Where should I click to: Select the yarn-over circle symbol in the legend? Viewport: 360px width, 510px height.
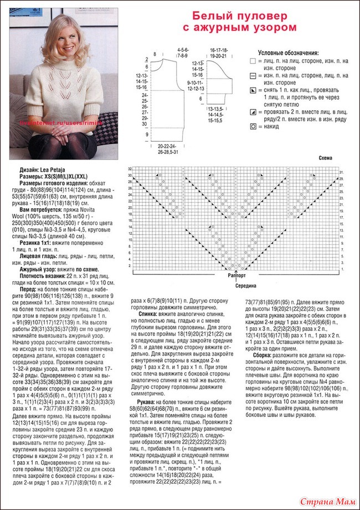(x=253, y=127)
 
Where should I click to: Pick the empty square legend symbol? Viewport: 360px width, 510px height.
(x=253, y=60)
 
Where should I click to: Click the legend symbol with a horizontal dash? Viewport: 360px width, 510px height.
(x=253, y=75)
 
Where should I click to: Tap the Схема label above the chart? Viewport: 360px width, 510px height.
(x=325, y=158)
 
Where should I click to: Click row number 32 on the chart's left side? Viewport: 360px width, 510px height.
(x=130, y=168)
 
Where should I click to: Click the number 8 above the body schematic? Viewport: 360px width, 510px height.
(x=155, y=53)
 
